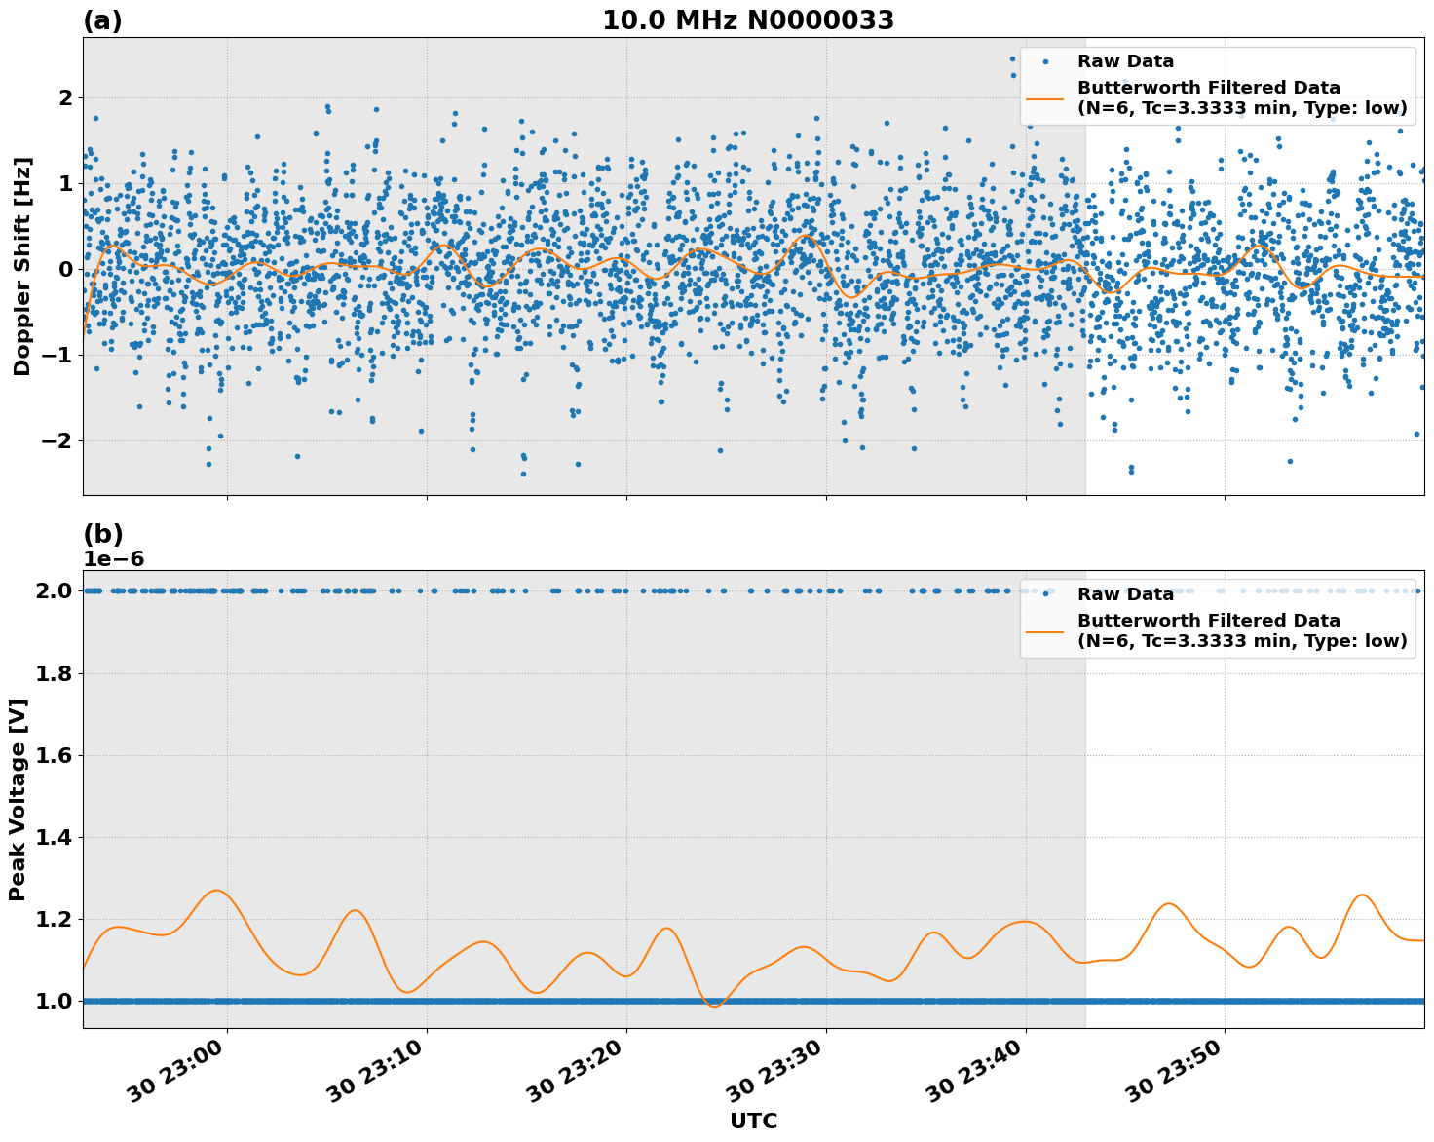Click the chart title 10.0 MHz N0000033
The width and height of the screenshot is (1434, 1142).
pyautogui.click(x=747, y=20)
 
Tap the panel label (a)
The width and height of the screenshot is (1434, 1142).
pyautogui.click(x=102, y=20)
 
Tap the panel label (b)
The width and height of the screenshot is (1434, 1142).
pyautogui.click(x=102, y=534)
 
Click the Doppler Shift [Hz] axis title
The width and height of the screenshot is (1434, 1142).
pyautogui.click(x=22, y=266)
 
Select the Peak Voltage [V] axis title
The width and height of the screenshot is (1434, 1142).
pyautogui.click(x=18, y=799)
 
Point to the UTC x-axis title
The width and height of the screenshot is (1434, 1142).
pyautogui.click(x=753, y=1121)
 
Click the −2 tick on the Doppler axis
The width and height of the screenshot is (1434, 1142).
pyautogui.click(x=56, y=440)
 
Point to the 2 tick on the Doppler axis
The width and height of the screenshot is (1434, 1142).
pyautogui.click(x=66, y=97)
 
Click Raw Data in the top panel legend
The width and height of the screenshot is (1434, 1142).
pyautogui.click(x=1125, y=61)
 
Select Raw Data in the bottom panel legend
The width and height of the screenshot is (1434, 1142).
pyautogui.click(x=1125, y=594)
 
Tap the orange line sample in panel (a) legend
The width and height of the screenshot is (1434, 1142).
pyautogui.click(x=1045, y=97)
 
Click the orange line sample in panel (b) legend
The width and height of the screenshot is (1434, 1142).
pyautogui.click(x=1045, y=630)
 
